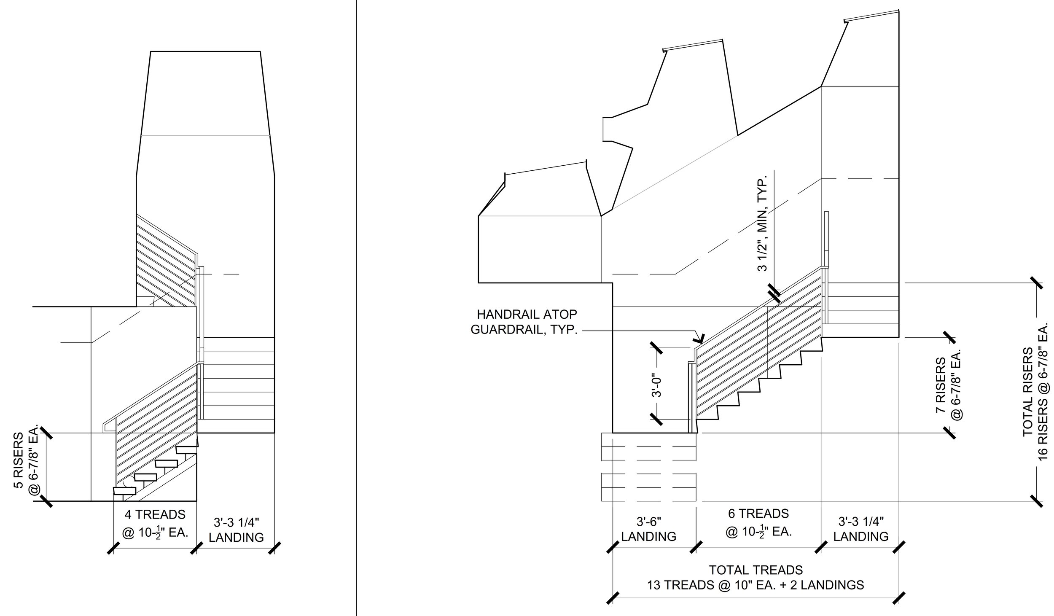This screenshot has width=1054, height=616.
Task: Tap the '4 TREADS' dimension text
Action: point(155,514)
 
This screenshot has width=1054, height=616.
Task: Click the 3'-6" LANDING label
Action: point(649,529)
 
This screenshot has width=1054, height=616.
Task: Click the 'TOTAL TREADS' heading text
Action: point(756,570)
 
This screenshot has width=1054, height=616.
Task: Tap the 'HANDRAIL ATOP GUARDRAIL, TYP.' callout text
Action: point(524,322)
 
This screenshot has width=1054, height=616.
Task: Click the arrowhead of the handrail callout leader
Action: point(701,340)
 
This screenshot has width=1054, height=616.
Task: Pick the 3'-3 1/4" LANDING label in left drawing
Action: point(236,530)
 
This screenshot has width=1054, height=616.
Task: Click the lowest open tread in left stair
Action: point(125,491)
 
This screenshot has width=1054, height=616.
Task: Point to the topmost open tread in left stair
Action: point(187,450)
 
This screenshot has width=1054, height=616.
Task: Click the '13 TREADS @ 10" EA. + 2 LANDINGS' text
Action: point(756,585)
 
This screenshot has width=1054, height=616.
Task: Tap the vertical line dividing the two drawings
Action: point(357,308)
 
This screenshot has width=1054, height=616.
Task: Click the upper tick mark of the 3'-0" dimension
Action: point(656,348)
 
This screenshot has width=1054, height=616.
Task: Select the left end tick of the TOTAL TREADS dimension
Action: point(613,609)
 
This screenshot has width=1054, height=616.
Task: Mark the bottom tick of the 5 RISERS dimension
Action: point(46,501)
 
